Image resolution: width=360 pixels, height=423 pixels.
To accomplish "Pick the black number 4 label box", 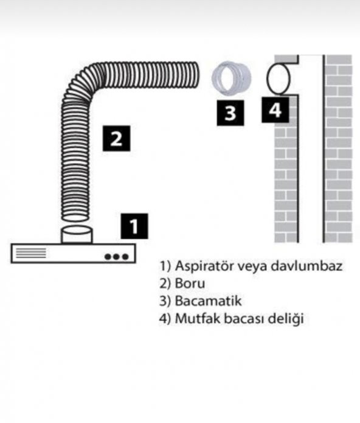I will point(275,110).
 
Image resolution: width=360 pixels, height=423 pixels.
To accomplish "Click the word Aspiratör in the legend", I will point(200,266).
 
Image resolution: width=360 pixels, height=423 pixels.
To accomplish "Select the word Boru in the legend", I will point(189,283).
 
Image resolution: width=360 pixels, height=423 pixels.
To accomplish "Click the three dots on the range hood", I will point(116,256).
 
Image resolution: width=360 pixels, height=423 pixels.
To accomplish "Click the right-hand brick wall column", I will point(338,149).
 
